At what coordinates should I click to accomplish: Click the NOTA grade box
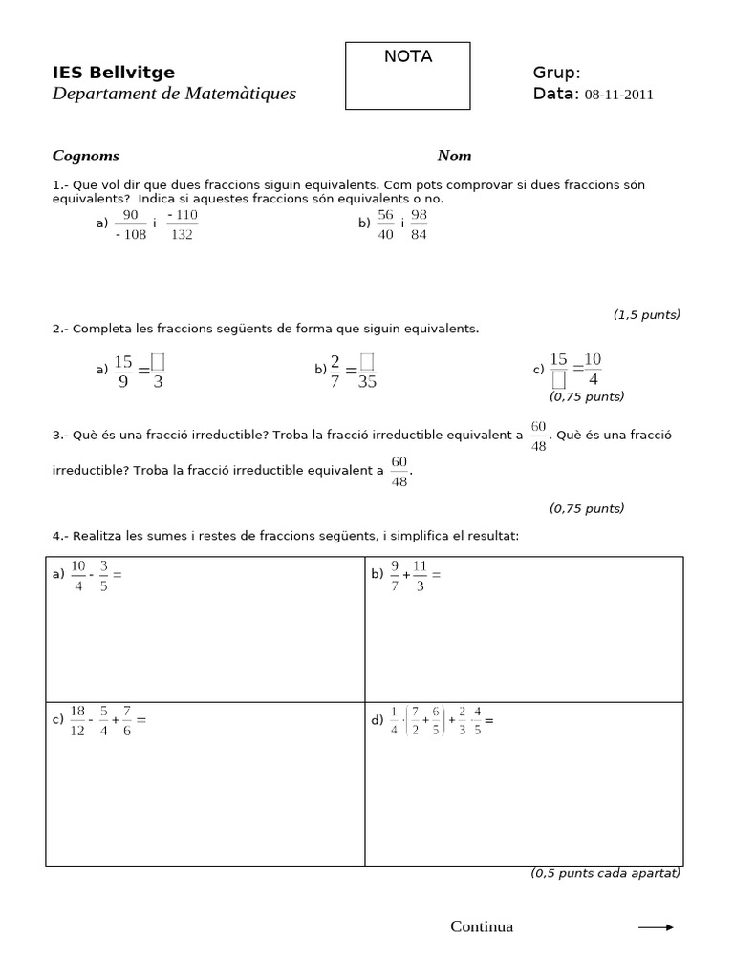coord(407,75)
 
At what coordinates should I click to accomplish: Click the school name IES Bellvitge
coord(114,73)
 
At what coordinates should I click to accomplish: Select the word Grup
coord(555,74)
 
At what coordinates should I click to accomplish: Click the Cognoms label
coord(85,156)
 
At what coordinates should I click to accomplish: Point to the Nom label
coord(454,156)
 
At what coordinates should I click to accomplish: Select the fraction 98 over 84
coord(418,224)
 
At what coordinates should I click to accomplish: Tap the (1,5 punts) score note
coord(646,314)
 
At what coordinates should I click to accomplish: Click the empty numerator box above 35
coord(367,360)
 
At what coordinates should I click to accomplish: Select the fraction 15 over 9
coord(124,371)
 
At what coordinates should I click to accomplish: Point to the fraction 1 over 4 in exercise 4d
coord(394,721)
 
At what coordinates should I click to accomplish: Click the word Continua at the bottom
coord(482,926)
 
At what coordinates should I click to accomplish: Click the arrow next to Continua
coord(656,926)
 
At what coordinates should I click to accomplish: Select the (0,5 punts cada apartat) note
coord(605,873)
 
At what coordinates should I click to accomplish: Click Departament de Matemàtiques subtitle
coord(174,94)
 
